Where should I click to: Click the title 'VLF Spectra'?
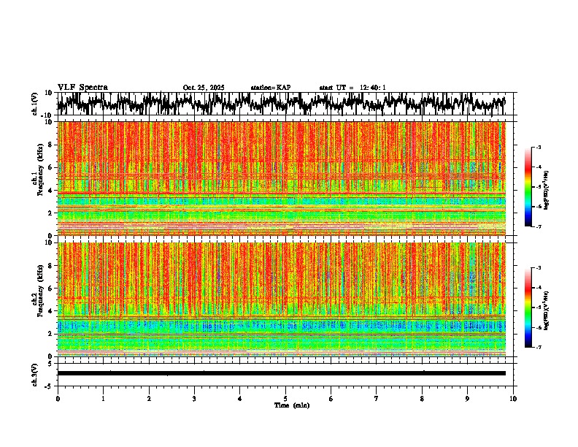pos(82,87)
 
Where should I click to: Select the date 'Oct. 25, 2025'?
pos(204,88)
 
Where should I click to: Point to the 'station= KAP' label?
pos(271,88)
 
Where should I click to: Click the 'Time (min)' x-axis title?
pos(291,405)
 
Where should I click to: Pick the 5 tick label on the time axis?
pos(285,399)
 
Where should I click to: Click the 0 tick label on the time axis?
pos(58,399)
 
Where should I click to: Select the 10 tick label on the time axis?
pos(513,399)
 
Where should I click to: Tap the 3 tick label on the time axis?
pos(194,399)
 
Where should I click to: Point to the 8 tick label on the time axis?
pos(422,399)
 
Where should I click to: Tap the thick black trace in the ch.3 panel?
pos(281,373)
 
